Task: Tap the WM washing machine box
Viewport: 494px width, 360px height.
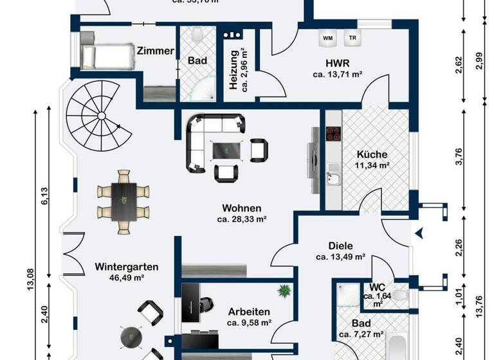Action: click(327, 38)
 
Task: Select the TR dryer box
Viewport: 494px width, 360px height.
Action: click(352, 38)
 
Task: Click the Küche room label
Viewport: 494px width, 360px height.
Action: click(372, 154)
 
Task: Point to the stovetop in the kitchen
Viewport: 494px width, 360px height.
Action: click(334, 133)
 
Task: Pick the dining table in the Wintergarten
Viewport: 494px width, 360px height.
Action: click(123, 202)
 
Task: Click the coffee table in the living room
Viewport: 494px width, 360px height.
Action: click(227, 150)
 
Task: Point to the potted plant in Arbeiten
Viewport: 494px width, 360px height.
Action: click(282, 292)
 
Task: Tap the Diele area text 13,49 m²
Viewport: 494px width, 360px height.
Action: click(340, 256)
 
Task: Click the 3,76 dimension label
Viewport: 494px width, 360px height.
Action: click(459, 157)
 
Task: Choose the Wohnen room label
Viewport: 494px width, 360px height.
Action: click(241, 208)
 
